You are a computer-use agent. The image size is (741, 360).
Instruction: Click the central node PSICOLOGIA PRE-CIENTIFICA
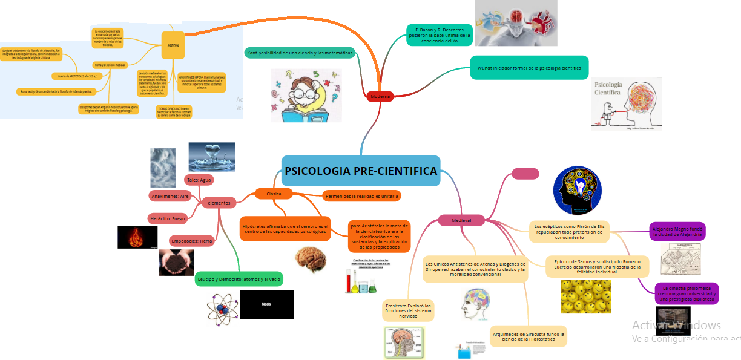tap(360, 171)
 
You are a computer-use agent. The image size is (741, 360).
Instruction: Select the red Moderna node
tap(380, 96)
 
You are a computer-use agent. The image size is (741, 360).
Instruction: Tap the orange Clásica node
tap(273, 194)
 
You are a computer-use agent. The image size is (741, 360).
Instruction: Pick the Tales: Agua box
tap(199, 180)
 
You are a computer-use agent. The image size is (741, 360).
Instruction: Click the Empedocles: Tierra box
tap(192, 241)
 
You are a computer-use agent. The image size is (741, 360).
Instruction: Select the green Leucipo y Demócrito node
tap(239, 279)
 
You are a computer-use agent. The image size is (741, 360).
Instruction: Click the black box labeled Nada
tap(266, 304)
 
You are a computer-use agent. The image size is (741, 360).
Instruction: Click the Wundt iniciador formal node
tap(529, 68)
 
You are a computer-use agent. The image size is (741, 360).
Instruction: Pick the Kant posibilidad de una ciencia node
tap(299, 53)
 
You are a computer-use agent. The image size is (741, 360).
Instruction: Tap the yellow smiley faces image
tap(586, 296)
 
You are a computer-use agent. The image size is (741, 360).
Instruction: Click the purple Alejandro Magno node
tap(677, 231)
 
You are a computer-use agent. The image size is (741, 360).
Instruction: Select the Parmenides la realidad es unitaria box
tap(361, 196)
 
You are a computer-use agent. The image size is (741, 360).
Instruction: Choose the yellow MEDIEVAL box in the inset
tap(173, 45)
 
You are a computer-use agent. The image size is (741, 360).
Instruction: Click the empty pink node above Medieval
tap(525, 174)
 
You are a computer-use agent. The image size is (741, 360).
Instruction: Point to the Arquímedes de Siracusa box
tap(529, 336)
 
